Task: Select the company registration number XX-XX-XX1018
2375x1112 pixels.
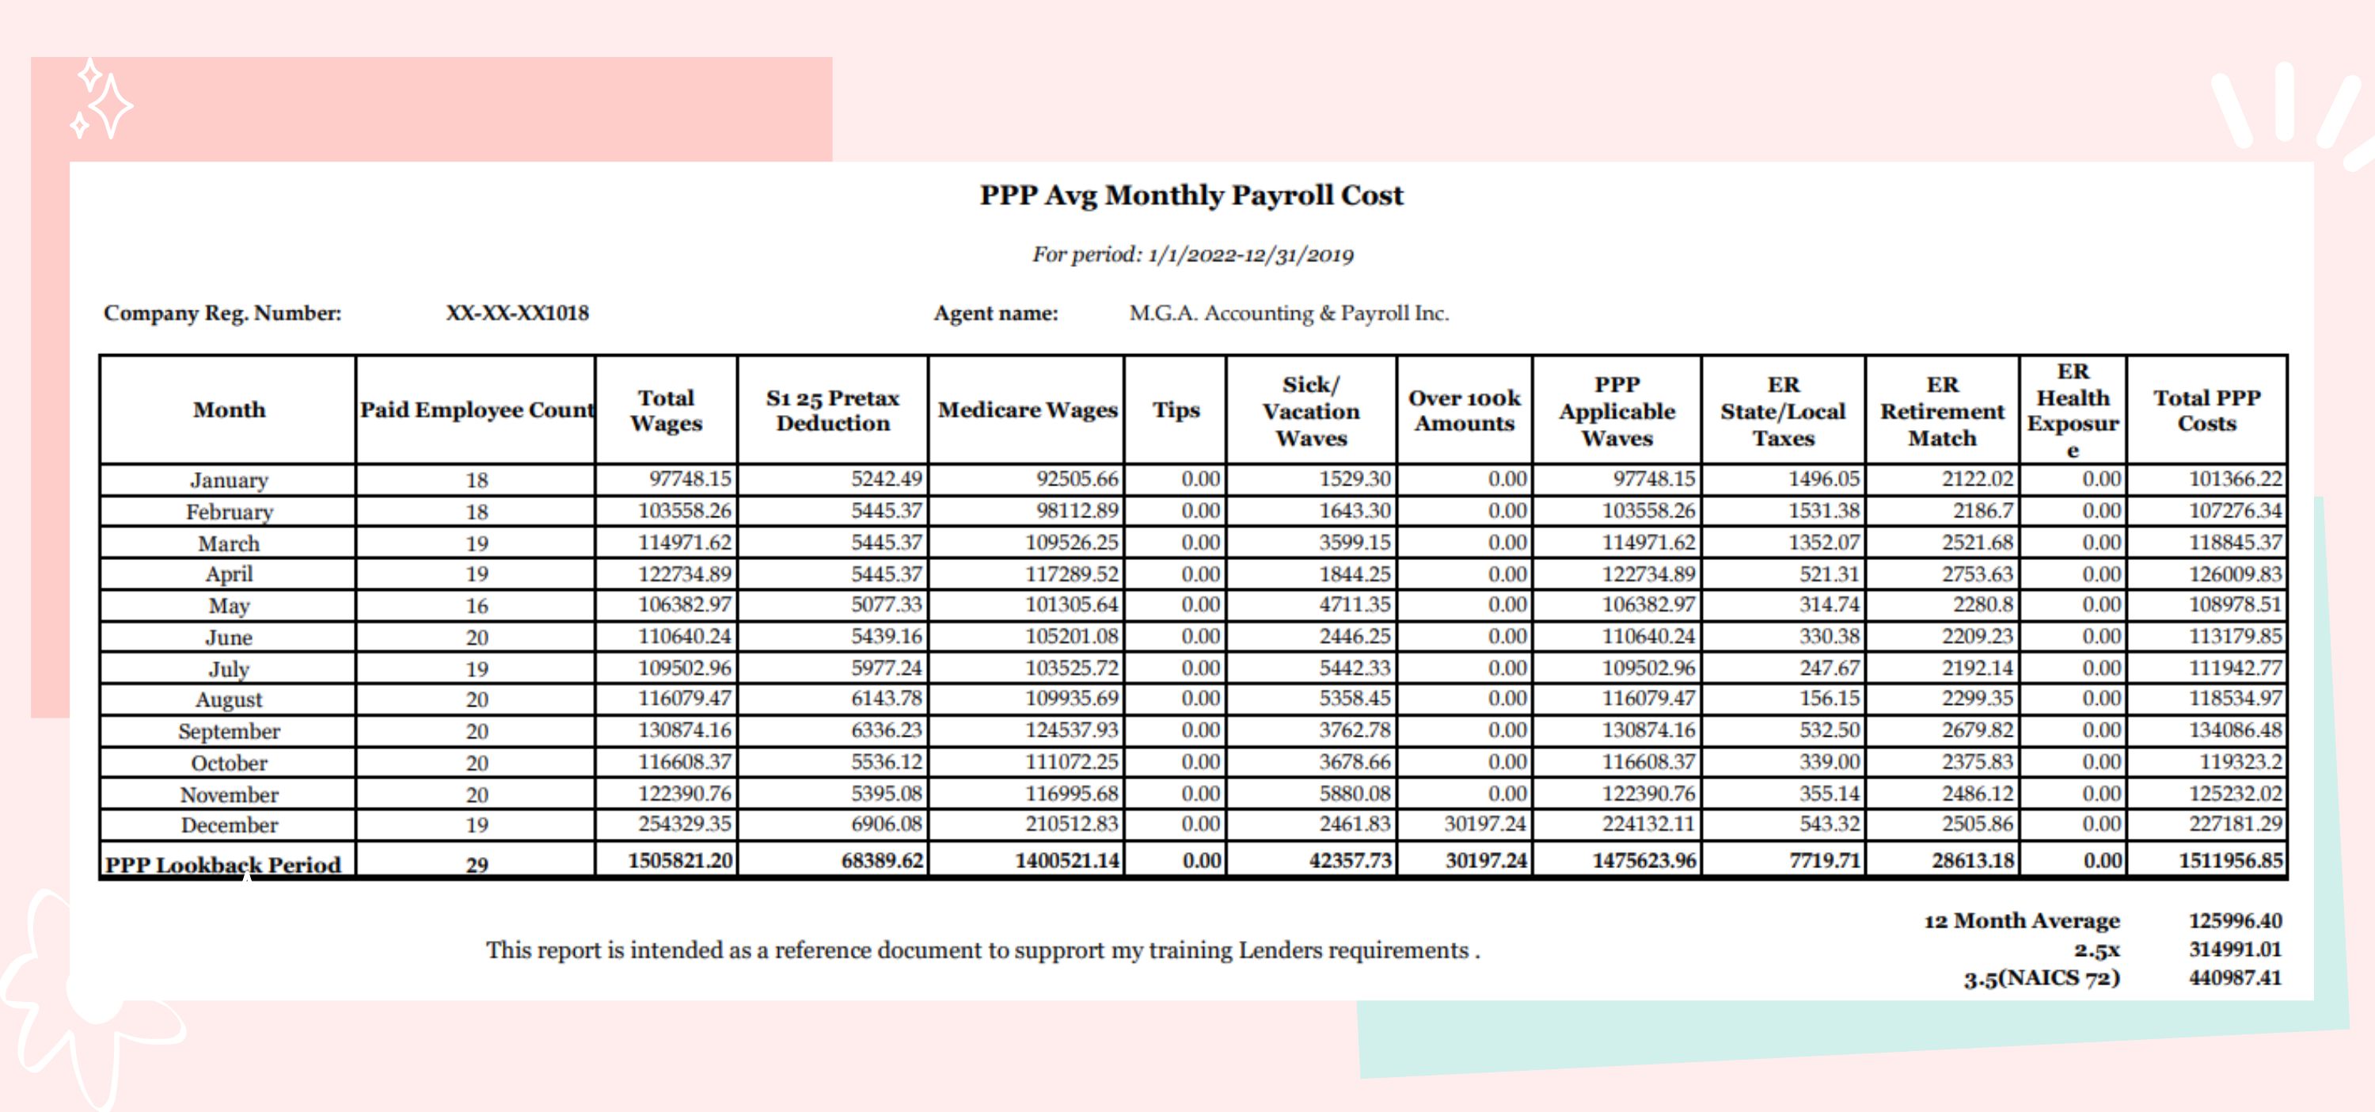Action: [x=517, y=314]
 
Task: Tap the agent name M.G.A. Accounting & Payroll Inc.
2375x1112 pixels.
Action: [x=1288, y=314]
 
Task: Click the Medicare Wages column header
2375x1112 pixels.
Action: [x=1027, y=410]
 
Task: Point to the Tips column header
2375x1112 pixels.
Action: [x=1176, y=410]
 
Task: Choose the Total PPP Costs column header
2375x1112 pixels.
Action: [x=2206, y=410]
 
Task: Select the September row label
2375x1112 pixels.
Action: [x=229, y=731]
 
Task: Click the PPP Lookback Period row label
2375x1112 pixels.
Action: [x=223, y=864]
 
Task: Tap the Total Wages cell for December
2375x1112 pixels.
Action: [x=684, y=824]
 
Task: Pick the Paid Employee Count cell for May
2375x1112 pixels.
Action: [x=477, y=606]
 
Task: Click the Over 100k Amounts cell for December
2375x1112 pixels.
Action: [x=1484, y=824]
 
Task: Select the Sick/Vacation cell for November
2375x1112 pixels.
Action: [x=1354, y=793]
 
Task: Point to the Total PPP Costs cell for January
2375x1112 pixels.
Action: [x=2235, y=478]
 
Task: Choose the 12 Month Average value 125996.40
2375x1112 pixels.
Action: [x=2235, y=920]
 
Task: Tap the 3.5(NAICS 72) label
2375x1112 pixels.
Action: [x=2041, y=977]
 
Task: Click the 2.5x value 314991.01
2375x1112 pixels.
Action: [x=2235, y=949]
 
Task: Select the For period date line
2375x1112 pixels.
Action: [x=1192, y=254]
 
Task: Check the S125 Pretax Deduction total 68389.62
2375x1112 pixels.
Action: [x=881, y=860]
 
